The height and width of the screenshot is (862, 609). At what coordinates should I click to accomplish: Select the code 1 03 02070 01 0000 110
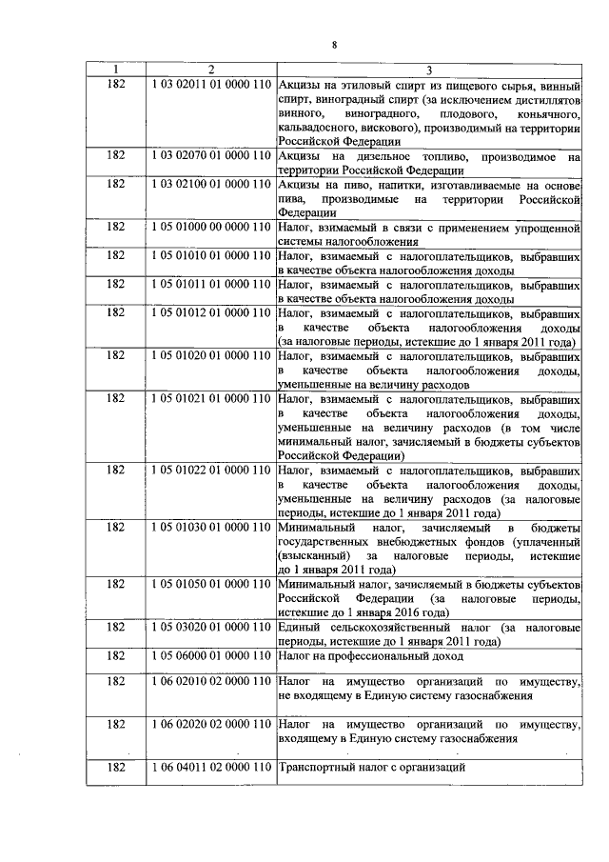211,155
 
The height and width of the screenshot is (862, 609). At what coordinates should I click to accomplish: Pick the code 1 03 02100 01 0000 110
211,184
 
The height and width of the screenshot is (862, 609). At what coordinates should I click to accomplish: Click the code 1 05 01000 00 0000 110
211,228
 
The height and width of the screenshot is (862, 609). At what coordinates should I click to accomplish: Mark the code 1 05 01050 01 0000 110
211,583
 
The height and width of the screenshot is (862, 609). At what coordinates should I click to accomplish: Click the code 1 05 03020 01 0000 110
211,627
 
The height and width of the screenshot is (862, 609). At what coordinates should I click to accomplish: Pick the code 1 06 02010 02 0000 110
211,683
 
